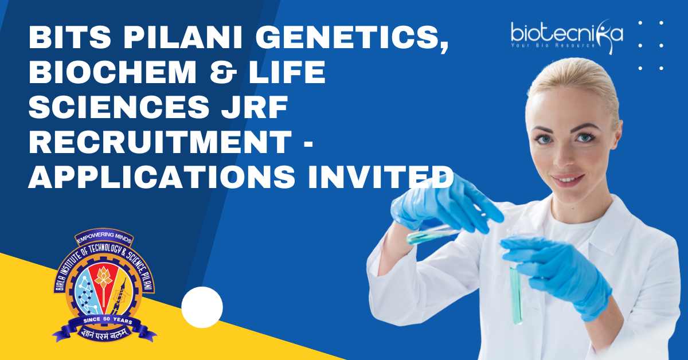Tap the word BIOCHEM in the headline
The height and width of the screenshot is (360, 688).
tap(113, 72)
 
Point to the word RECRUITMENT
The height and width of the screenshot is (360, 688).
tap(160, 142)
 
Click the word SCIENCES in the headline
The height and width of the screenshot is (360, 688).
tap(119, 107)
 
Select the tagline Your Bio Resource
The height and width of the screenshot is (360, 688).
tap(553, 45)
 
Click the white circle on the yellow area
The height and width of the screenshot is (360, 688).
tap(202, 307)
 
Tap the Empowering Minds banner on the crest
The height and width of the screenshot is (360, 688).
tap(105, 237)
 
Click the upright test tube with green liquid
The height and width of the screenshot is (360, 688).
tap(516, 295)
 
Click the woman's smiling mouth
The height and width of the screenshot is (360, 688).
tap(568, 178)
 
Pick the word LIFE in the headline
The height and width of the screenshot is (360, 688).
tap(287, 72)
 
